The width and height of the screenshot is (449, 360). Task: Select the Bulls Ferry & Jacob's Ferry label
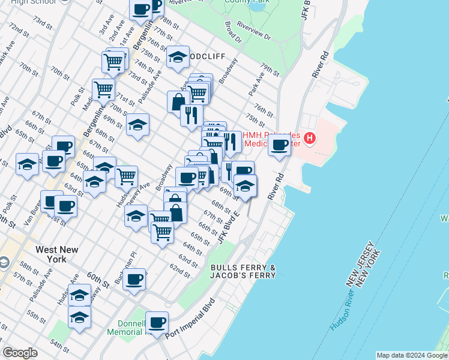point(243,271)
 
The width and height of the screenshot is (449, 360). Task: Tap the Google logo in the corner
point(20,353)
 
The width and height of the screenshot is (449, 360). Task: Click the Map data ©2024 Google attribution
point(412,355)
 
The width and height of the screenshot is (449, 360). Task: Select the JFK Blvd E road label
point(229,227)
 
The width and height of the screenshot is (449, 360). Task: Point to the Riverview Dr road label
point(255,32)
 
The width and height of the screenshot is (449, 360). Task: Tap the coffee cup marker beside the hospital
point(279,145)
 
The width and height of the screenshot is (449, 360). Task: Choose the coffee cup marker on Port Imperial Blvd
point(157,323)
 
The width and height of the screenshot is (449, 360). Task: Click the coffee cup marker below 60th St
point(134,279)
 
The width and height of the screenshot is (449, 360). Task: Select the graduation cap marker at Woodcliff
point(178,58)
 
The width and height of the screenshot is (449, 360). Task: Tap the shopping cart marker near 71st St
point(103,90)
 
